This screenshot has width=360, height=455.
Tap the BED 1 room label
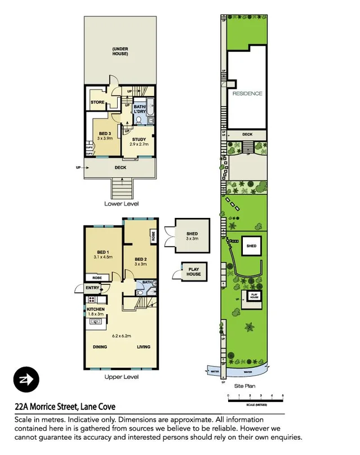[x=102, y=251]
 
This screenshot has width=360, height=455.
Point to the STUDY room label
[x=139, y=139]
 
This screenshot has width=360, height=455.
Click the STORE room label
[x=99, y=102]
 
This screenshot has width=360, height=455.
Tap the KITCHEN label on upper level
[x=96, y=310]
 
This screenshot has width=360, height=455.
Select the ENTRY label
[x=92, y=288]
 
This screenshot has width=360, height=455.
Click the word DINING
[x=101, y=347]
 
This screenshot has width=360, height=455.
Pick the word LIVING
[x=144, y=347]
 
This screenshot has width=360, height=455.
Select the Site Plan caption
[x=245, y=387]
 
